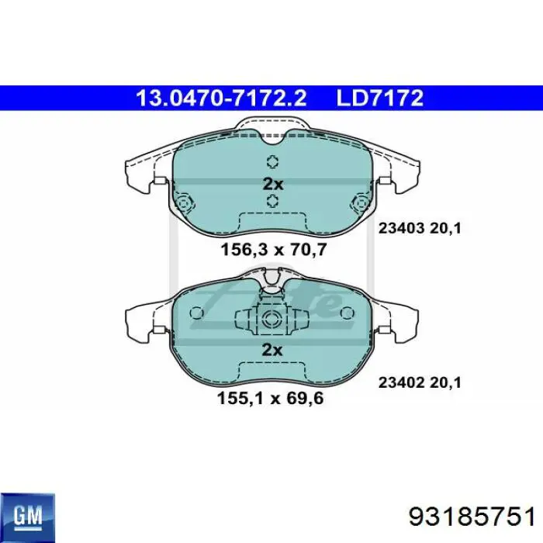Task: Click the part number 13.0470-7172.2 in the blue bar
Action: pos(221,98)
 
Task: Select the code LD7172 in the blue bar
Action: pos(380,98)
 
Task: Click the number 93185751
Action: pos(472,517)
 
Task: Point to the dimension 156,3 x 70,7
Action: pos(274,249)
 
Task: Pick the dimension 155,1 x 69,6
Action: pos(270,398)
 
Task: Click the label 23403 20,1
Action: pos(420,228)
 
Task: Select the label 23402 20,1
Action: pos(420,382)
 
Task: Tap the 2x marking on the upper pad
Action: pos(273,184)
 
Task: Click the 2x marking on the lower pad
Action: pos(272,350)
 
